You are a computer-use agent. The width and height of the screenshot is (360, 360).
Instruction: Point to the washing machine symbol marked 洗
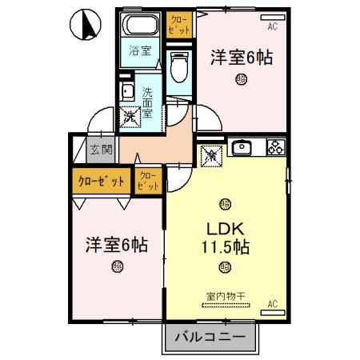tap(130, 117)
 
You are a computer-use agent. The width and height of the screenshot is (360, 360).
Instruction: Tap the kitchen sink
tap(242, 147)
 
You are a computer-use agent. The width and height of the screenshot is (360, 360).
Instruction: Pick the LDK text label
tap(226, 227)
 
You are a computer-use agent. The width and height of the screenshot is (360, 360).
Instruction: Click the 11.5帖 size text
tap(226, 247)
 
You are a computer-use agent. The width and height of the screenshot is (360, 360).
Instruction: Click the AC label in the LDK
tap(273, 304)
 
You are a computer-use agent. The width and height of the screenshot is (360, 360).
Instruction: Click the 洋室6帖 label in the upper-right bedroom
tap(242, 58)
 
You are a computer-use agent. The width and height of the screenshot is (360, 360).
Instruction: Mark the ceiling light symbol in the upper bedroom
tap(242, 78)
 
